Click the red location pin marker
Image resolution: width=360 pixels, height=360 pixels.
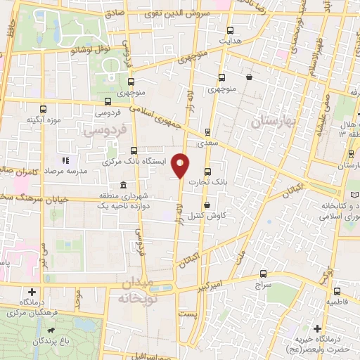(181, 165)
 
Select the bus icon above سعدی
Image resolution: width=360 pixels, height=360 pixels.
(207, 131)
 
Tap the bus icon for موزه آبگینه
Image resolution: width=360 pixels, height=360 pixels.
(44, 109)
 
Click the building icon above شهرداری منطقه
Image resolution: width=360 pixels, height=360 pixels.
(124, 185)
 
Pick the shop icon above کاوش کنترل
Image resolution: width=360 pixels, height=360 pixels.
(207, 205)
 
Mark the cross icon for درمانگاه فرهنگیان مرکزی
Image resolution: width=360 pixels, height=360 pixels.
(31, 292)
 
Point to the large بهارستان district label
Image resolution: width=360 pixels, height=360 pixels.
(274, 122)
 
